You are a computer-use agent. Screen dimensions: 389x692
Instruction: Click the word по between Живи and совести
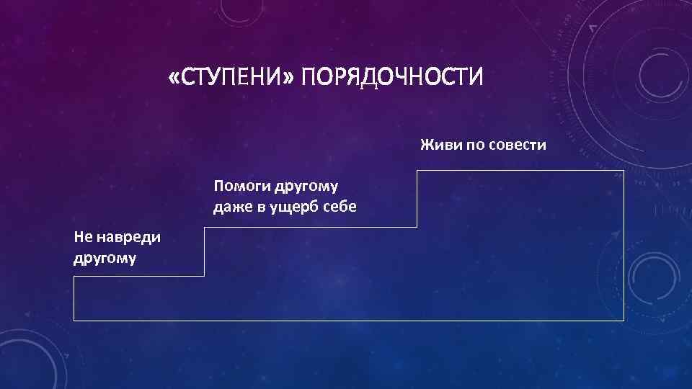click(474, 146)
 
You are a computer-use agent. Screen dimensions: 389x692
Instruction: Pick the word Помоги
click(241, 187)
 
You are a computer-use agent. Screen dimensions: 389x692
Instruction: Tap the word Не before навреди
click(84, 237)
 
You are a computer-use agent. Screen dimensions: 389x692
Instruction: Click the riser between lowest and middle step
click(205, 251)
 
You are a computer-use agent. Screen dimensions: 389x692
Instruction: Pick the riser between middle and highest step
click(417, 199)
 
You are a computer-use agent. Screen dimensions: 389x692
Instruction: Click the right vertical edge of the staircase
click(624, 245)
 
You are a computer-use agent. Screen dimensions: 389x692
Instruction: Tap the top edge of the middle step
click(311, 228)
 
